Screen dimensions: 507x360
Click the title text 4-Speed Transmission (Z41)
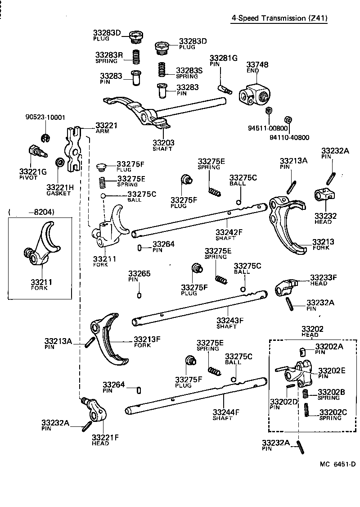(279, 18)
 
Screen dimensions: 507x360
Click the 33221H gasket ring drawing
(59, 162)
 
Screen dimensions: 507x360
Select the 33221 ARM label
(106, 127)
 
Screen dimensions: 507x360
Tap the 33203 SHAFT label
(163, 145)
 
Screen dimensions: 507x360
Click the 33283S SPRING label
(189, 72)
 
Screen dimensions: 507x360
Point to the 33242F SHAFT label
(229, 235)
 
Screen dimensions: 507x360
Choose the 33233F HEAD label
(323, 280)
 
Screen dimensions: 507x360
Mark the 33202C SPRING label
(333, 414)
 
